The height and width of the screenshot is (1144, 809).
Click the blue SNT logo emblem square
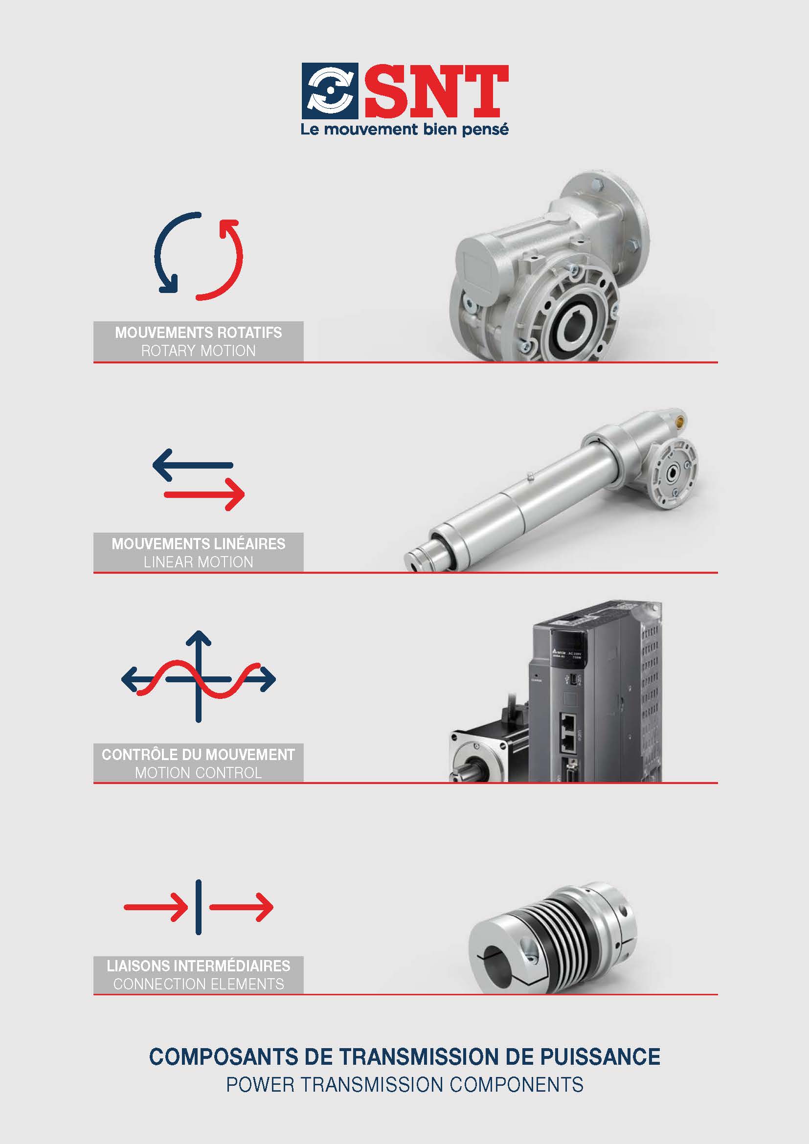tap(329, 90)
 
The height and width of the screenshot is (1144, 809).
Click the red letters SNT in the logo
tap(436, 90)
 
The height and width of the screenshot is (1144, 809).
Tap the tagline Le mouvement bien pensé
tap(404, 130)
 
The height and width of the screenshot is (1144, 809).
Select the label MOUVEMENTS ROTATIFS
tap(198, 332)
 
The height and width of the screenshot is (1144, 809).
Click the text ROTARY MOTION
tap(198, 351)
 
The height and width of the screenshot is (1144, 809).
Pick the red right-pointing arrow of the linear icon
tap(204, 494)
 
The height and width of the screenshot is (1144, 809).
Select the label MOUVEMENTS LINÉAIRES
tap(198, 543)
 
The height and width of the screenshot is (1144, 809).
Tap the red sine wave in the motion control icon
tap(198, 679)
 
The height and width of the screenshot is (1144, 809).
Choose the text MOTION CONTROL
tap(198, 773)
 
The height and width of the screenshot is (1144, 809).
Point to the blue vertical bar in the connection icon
tap(199, 907)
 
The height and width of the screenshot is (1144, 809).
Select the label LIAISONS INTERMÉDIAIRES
tap(198, 966)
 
